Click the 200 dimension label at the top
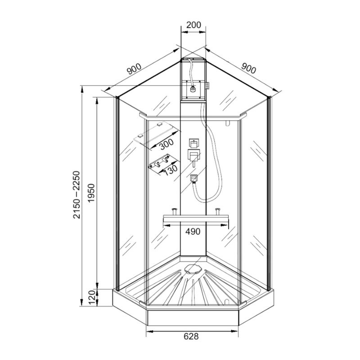point(193,25)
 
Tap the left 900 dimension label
point(134,69)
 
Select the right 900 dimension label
point(249,68)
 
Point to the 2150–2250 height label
point(76,195)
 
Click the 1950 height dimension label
point(91,193)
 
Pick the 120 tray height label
point(92,297)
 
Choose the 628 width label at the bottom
point(191,336)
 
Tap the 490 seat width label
point(193,232)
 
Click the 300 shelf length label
point(166,144)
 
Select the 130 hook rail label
point(171,170)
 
